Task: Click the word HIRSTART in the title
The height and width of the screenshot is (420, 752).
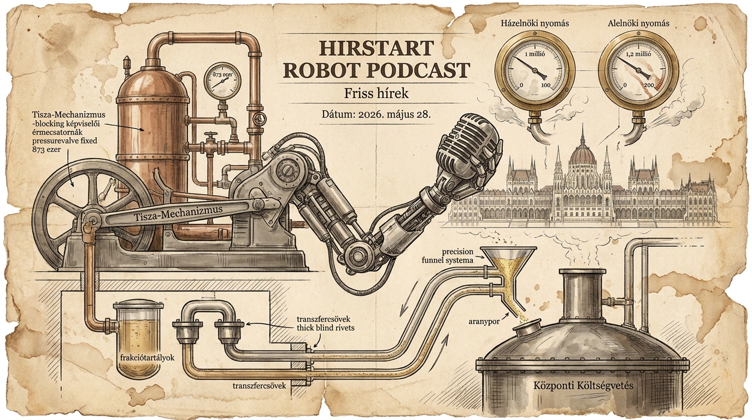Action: [375, 48]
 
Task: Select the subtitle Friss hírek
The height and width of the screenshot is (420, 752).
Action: [377, 93]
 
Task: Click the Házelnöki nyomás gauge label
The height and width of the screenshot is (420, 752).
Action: [535, 24]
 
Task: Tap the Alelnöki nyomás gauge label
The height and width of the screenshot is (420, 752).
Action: [634, 24]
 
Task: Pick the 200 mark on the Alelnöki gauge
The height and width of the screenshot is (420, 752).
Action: [649, 85]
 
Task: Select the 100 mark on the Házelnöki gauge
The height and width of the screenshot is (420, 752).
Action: [545, 85]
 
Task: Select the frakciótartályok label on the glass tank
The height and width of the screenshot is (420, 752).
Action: [147, 358]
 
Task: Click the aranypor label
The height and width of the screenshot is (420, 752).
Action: [484, 322]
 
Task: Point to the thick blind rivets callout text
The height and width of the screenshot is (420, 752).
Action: [326, 327]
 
